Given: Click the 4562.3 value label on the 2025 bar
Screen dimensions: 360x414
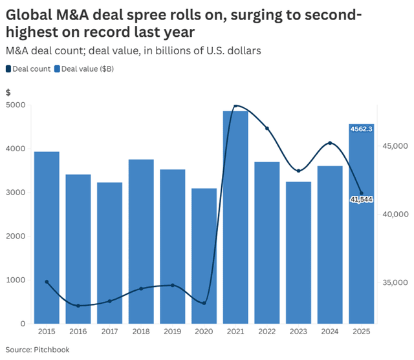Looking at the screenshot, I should (x=361, y=129).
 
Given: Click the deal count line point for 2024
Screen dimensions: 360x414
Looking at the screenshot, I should (x=330, y=143).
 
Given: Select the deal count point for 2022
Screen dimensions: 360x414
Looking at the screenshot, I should (x=267, y=129).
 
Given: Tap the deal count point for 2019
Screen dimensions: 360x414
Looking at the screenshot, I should (x=173, y=285).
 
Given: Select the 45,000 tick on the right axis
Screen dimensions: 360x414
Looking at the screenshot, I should (x=395, y=146).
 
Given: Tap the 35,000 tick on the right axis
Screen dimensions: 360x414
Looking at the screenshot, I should (x=395, y=282).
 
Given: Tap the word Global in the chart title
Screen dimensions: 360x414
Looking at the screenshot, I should (x=32, y=14).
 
